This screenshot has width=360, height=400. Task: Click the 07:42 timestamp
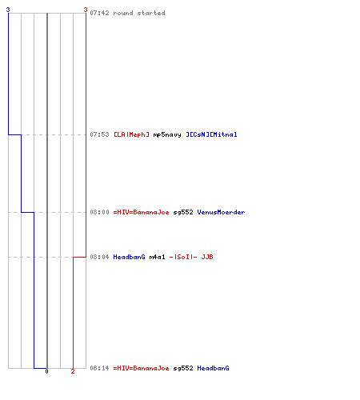[99, 13]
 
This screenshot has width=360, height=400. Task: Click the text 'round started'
[139, 13]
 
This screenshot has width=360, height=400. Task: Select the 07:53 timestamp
[99, 134]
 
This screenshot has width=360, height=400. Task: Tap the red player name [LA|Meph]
[131, 134]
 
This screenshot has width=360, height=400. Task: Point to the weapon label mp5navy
[167, 134]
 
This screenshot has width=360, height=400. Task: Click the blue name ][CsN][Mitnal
[211, 134]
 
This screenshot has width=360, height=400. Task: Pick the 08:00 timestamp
[99, 212]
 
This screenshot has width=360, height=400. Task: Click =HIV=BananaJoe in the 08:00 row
[141, 212]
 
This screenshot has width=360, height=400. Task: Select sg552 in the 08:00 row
[183, 213]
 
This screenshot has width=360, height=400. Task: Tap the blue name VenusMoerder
[221, 212]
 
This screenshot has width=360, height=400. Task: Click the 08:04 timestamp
[99, 257]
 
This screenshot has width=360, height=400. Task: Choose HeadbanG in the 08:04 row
[129, 257]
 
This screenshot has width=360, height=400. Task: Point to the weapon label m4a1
[157, 257]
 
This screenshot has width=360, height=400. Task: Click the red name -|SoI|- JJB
[191, 257]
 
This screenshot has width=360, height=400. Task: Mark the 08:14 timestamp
[99, 368]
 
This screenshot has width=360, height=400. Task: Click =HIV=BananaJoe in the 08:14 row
[141, 368]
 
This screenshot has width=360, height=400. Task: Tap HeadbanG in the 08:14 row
[213, 368]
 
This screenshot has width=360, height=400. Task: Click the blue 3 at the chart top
[8, 10]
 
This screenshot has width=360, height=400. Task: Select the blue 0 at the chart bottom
[46, 371]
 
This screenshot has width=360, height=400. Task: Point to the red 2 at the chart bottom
[73, 371]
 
